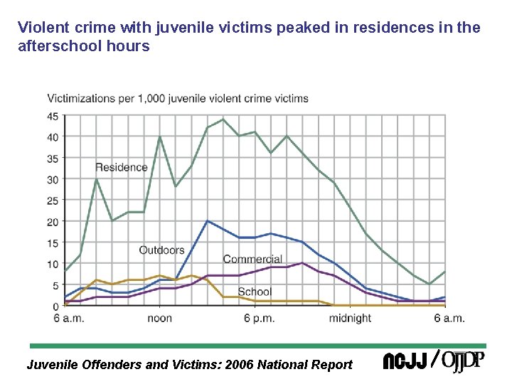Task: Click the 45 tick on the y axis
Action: click(53, 117)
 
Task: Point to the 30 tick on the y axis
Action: click(53, 180)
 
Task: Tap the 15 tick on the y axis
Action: click(53, 243)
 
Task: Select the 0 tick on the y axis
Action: click(55, 306)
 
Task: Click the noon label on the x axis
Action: click(159, 319)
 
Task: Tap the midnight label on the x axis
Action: click(349, 319)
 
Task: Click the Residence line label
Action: click(122, 168)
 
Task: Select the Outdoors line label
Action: click(161, 250)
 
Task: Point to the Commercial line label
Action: click(252, 260)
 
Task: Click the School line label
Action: click(255, 292)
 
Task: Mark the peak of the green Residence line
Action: click(223, 119)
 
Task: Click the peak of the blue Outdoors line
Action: click(207, 221)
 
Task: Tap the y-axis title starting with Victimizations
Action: click(178, 98)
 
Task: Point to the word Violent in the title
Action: click(39, 28)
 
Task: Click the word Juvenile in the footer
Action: click(53, 365)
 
